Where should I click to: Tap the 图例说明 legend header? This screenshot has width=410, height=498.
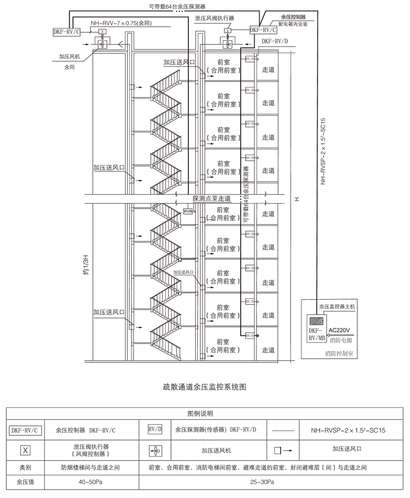pyautogui.click(x=204, y=414)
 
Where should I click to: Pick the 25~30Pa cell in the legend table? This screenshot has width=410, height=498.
pyautogui.click(x=266, y=482)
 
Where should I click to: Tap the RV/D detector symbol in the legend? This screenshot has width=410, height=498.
pyautogui.click(x=155, y=430)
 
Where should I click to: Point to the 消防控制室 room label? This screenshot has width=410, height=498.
pyautogui.click(x=339, y=353)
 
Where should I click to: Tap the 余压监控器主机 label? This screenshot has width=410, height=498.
pyautogui.click(x=336, y=307)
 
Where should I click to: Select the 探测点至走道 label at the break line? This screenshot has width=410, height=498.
pyautogui.click(x=211, y=199)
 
